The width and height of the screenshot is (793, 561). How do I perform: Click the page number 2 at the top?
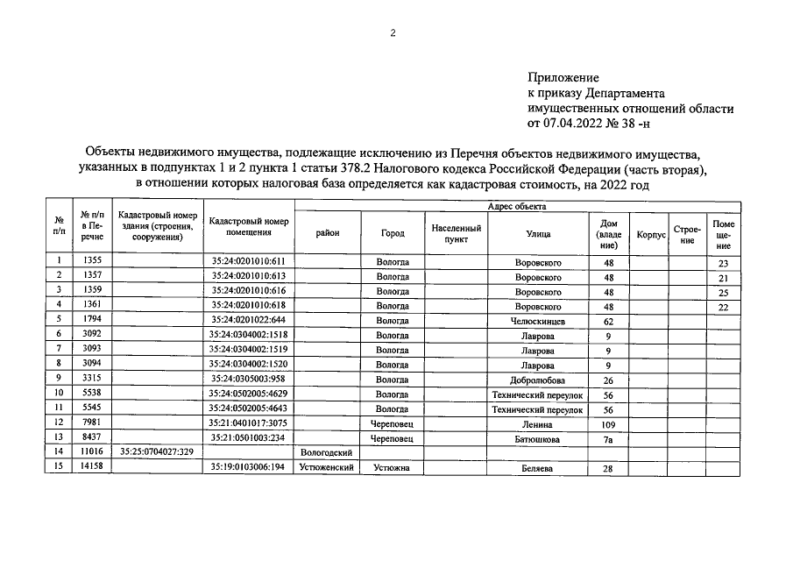point(393,33)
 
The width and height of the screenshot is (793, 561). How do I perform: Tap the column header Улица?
point(538,234)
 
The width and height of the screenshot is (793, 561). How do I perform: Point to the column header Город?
point(393,234)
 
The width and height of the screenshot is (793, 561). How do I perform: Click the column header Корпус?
point(650,234)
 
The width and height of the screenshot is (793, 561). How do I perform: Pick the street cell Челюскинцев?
point(538,321)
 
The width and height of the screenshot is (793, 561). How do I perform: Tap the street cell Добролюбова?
point(538,380)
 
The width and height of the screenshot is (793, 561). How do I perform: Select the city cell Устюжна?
point(393,468)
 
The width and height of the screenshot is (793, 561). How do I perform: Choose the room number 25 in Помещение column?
point(723,292)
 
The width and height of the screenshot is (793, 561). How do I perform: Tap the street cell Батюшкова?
point(538,438)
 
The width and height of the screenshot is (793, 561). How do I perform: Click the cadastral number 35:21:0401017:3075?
point(249,423)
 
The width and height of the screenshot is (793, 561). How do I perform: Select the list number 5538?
point(92,394)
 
